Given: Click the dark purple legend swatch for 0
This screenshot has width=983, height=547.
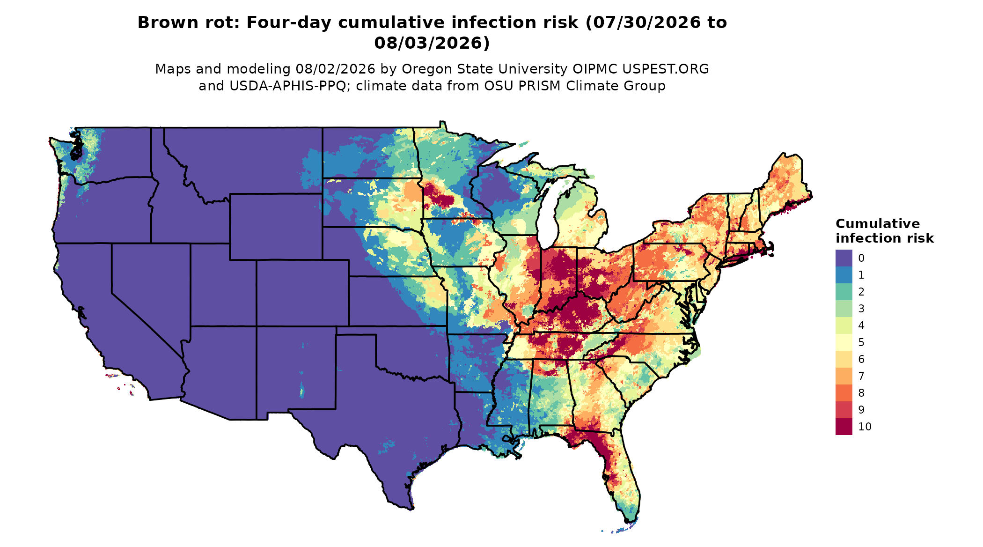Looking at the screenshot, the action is [x=844, y=258].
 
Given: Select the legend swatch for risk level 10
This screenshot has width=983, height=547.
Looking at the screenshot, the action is [x=844, y=427].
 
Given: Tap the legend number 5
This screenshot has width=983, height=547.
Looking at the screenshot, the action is [x=861, y=342].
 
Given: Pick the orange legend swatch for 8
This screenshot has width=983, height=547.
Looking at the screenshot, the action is [x=844, y=393].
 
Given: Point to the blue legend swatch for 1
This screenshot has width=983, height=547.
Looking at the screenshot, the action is [x=844, y=275].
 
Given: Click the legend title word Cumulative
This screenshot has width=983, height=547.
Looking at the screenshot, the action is [x=878, y=224].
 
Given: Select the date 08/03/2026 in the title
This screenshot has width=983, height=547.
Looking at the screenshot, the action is [x=432, y=43].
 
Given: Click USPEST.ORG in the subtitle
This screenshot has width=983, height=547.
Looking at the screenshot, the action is [x=665, y=69].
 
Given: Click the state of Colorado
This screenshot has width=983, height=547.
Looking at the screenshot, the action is [x=302, y=293].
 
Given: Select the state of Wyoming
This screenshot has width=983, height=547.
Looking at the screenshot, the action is [x=276, y=227].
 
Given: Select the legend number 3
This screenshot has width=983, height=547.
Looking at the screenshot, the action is [x=861, y=309].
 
